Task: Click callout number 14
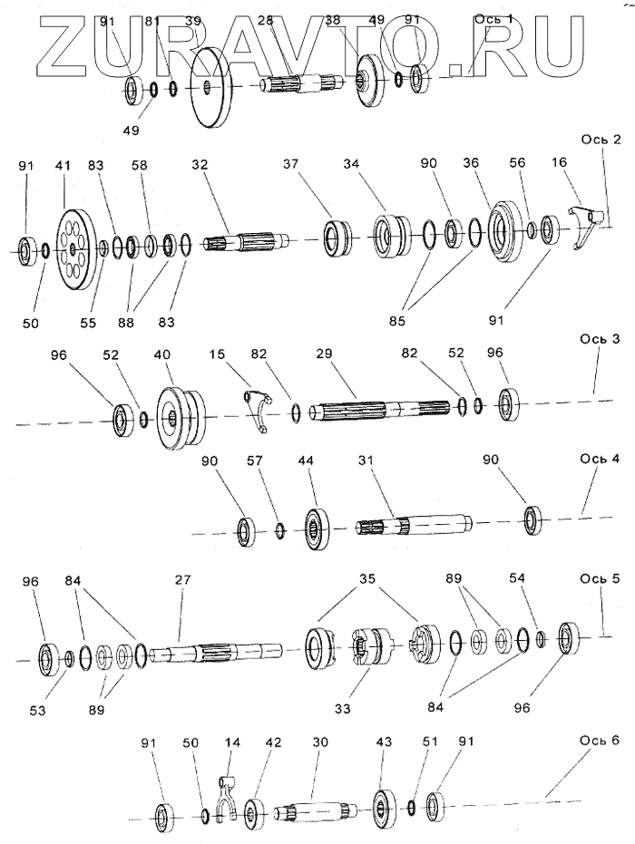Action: coord(233,742)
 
